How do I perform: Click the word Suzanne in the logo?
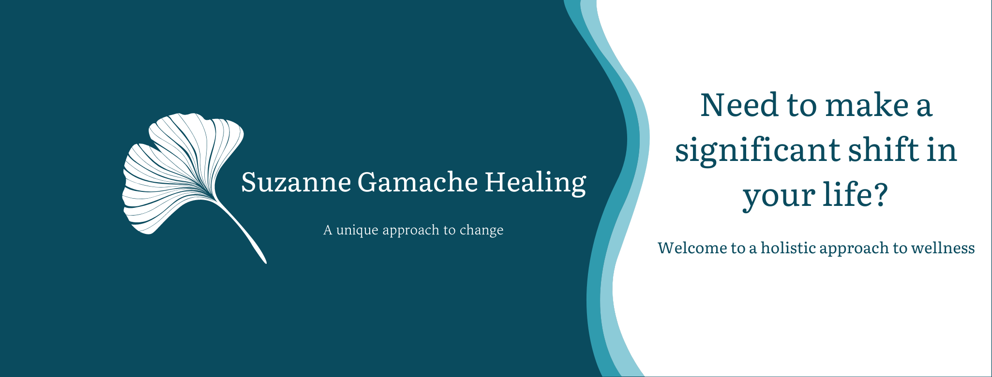(x=296, y=182)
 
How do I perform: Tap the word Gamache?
(x=418, y=182)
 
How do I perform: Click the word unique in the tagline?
(x=357, y=230)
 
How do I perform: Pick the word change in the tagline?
(x=481, y=230)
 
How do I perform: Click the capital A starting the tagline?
(x=328, y=230)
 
